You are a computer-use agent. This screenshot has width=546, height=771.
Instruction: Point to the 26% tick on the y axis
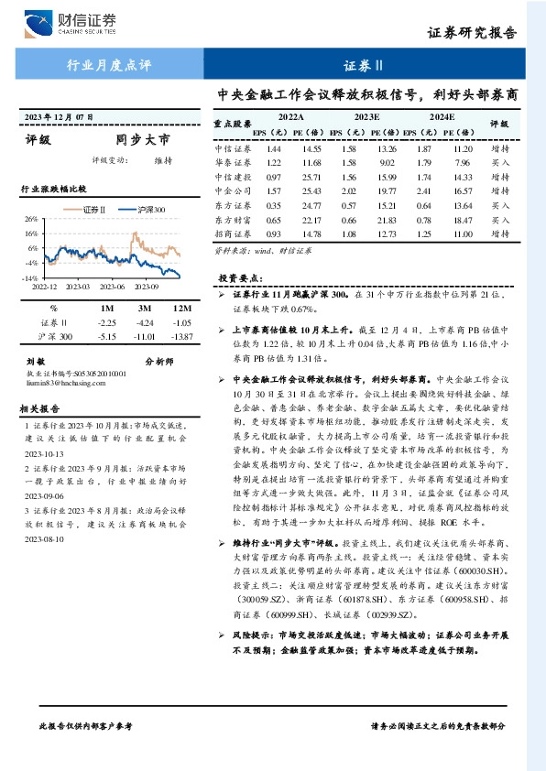point(30,220)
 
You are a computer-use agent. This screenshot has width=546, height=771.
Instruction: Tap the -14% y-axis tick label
point(29,277)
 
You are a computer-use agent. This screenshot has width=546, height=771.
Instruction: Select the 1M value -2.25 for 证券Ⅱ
point(107,323)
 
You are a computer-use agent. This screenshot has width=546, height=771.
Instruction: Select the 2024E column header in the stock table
point(442,118)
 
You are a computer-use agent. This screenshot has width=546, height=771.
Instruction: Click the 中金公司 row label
point(233,190)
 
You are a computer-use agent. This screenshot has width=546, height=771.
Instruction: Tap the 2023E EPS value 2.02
point(349,190)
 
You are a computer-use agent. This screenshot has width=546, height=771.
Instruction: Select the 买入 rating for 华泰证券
point(500,162)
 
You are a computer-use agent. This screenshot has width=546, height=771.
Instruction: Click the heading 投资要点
point(239,277)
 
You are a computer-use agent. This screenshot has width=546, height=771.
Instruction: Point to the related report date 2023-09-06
point(39,494)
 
